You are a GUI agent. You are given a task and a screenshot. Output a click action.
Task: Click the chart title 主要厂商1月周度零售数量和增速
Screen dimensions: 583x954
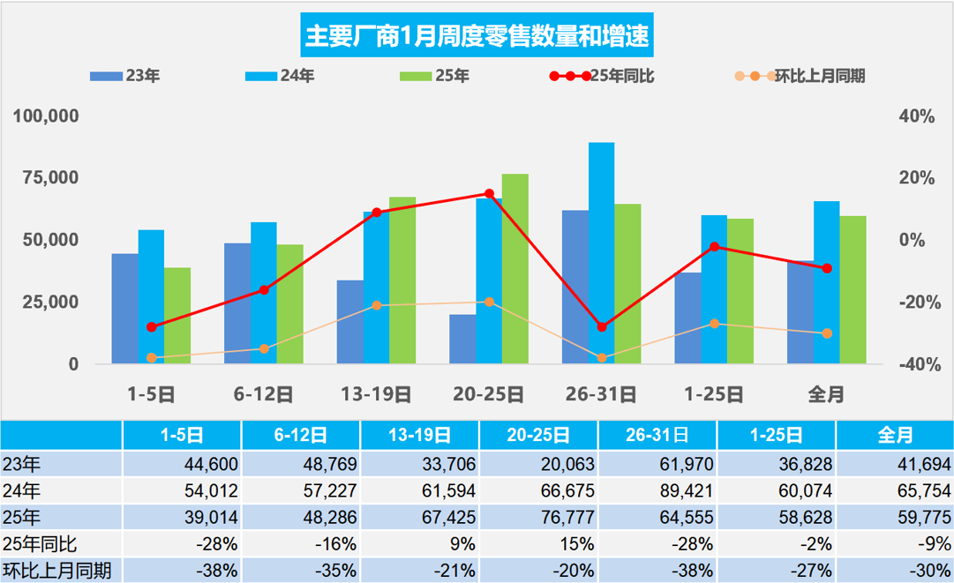point(477,35)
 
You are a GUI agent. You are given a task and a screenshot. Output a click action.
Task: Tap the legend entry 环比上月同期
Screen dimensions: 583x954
point(799,76)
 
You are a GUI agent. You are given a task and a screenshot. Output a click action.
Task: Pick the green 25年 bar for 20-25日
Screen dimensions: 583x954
point(515,269)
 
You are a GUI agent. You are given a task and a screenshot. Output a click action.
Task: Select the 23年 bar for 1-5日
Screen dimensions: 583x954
point(124,309)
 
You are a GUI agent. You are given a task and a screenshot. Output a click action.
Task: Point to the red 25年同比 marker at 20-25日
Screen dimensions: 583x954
point(489,193)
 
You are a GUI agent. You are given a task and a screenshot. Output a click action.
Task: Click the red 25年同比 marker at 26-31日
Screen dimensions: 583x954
point(602,327)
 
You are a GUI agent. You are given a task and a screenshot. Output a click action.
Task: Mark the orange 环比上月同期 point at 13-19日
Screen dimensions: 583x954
point(376,305)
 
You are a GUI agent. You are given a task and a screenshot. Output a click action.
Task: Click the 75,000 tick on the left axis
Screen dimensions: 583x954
point(54,178)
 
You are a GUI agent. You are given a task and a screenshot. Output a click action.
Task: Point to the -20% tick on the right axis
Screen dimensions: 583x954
point(915,303)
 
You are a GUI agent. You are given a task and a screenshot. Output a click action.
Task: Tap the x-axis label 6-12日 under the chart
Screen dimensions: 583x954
point(263,394)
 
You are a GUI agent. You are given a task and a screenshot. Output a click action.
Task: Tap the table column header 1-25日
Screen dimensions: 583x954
point(777,435)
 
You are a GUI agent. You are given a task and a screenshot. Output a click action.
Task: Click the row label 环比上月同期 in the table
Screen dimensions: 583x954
point(57,570)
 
